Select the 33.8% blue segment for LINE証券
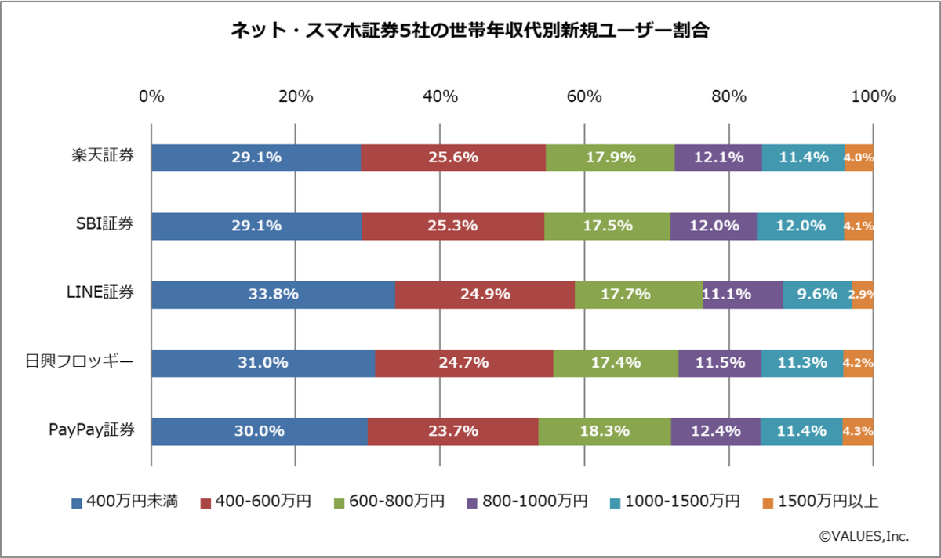coord(273,295)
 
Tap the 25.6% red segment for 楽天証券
coord(453,157)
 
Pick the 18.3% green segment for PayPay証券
coord(604,431)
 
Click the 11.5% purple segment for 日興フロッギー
coord(719,363)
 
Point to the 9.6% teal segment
coord(817,295)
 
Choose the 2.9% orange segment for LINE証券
coord(863,295)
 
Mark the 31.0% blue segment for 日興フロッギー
coord(263,363)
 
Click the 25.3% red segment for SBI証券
coord(452,226)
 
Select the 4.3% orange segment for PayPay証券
coord(858,431)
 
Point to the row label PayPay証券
coord(91,430)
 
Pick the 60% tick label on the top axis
coord(584,97)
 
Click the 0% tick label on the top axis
coord(151,97)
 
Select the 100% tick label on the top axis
coord(872,97)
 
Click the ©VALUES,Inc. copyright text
coord(863,537)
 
